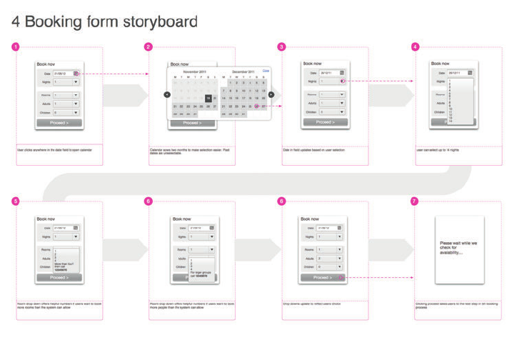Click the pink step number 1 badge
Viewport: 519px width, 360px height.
pos(16,47)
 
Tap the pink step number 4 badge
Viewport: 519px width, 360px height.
pos(415,47)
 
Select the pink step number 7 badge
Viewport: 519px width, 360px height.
pos(415,201)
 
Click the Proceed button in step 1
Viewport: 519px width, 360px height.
pos(60,123)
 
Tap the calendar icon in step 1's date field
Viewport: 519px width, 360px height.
pos(76,73)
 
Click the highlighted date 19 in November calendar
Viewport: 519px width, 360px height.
pos(208,99)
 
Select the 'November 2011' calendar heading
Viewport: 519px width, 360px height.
pos(194,72)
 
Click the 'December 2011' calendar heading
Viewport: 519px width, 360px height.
pos(243,72)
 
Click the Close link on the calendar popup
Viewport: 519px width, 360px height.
pos(266,71)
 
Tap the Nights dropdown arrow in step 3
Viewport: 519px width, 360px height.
pos(342,81)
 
